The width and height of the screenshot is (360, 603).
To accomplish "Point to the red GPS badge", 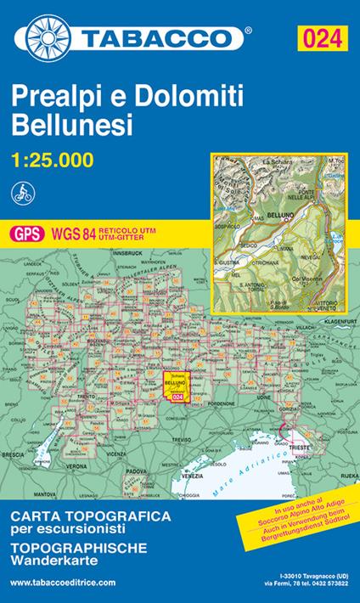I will click(23, 232).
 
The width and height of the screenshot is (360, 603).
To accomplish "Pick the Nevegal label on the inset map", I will click(313, 253).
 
